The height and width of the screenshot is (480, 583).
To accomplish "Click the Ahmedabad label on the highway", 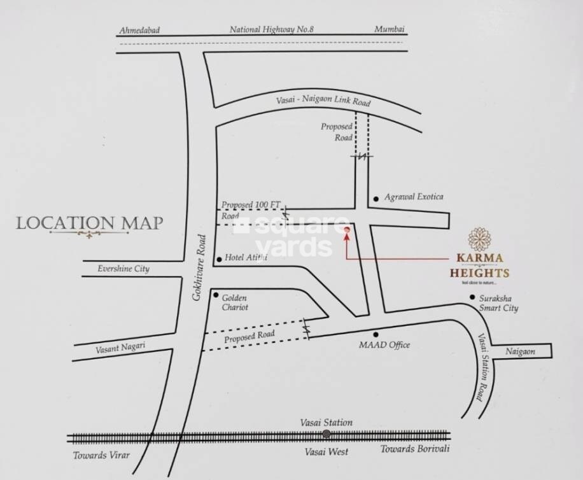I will click(x=139, y=30).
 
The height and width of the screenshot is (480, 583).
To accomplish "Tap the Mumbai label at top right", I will click(x=390, y=29).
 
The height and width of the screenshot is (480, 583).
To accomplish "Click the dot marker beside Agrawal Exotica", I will click(x=377, y=198).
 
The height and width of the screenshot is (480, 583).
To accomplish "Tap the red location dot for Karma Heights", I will click(x=346, y=230).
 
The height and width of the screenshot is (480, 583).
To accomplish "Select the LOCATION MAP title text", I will click(x=89, y=223).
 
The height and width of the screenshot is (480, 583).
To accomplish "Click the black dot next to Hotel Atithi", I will click(x=220, y=258).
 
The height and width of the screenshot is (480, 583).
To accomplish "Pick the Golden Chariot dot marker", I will click(x=216, y=295).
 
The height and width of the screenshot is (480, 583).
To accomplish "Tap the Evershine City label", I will click(x=123, y=269).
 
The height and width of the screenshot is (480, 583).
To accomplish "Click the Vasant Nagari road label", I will click(x=120, y=348).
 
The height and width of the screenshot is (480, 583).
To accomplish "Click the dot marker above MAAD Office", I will click(x=376, y=334).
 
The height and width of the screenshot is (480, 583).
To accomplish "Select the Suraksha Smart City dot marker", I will click(x=472, y=297).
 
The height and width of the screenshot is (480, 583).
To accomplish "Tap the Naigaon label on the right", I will click(x=521, y=351).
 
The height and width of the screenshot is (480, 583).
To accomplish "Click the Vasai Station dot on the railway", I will click(x=327, y=434).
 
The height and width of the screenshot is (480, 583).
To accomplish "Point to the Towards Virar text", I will click(x=102, y=455).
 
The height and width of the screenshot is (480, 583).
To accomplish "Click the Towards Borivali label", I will click(x=415, y=449).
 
